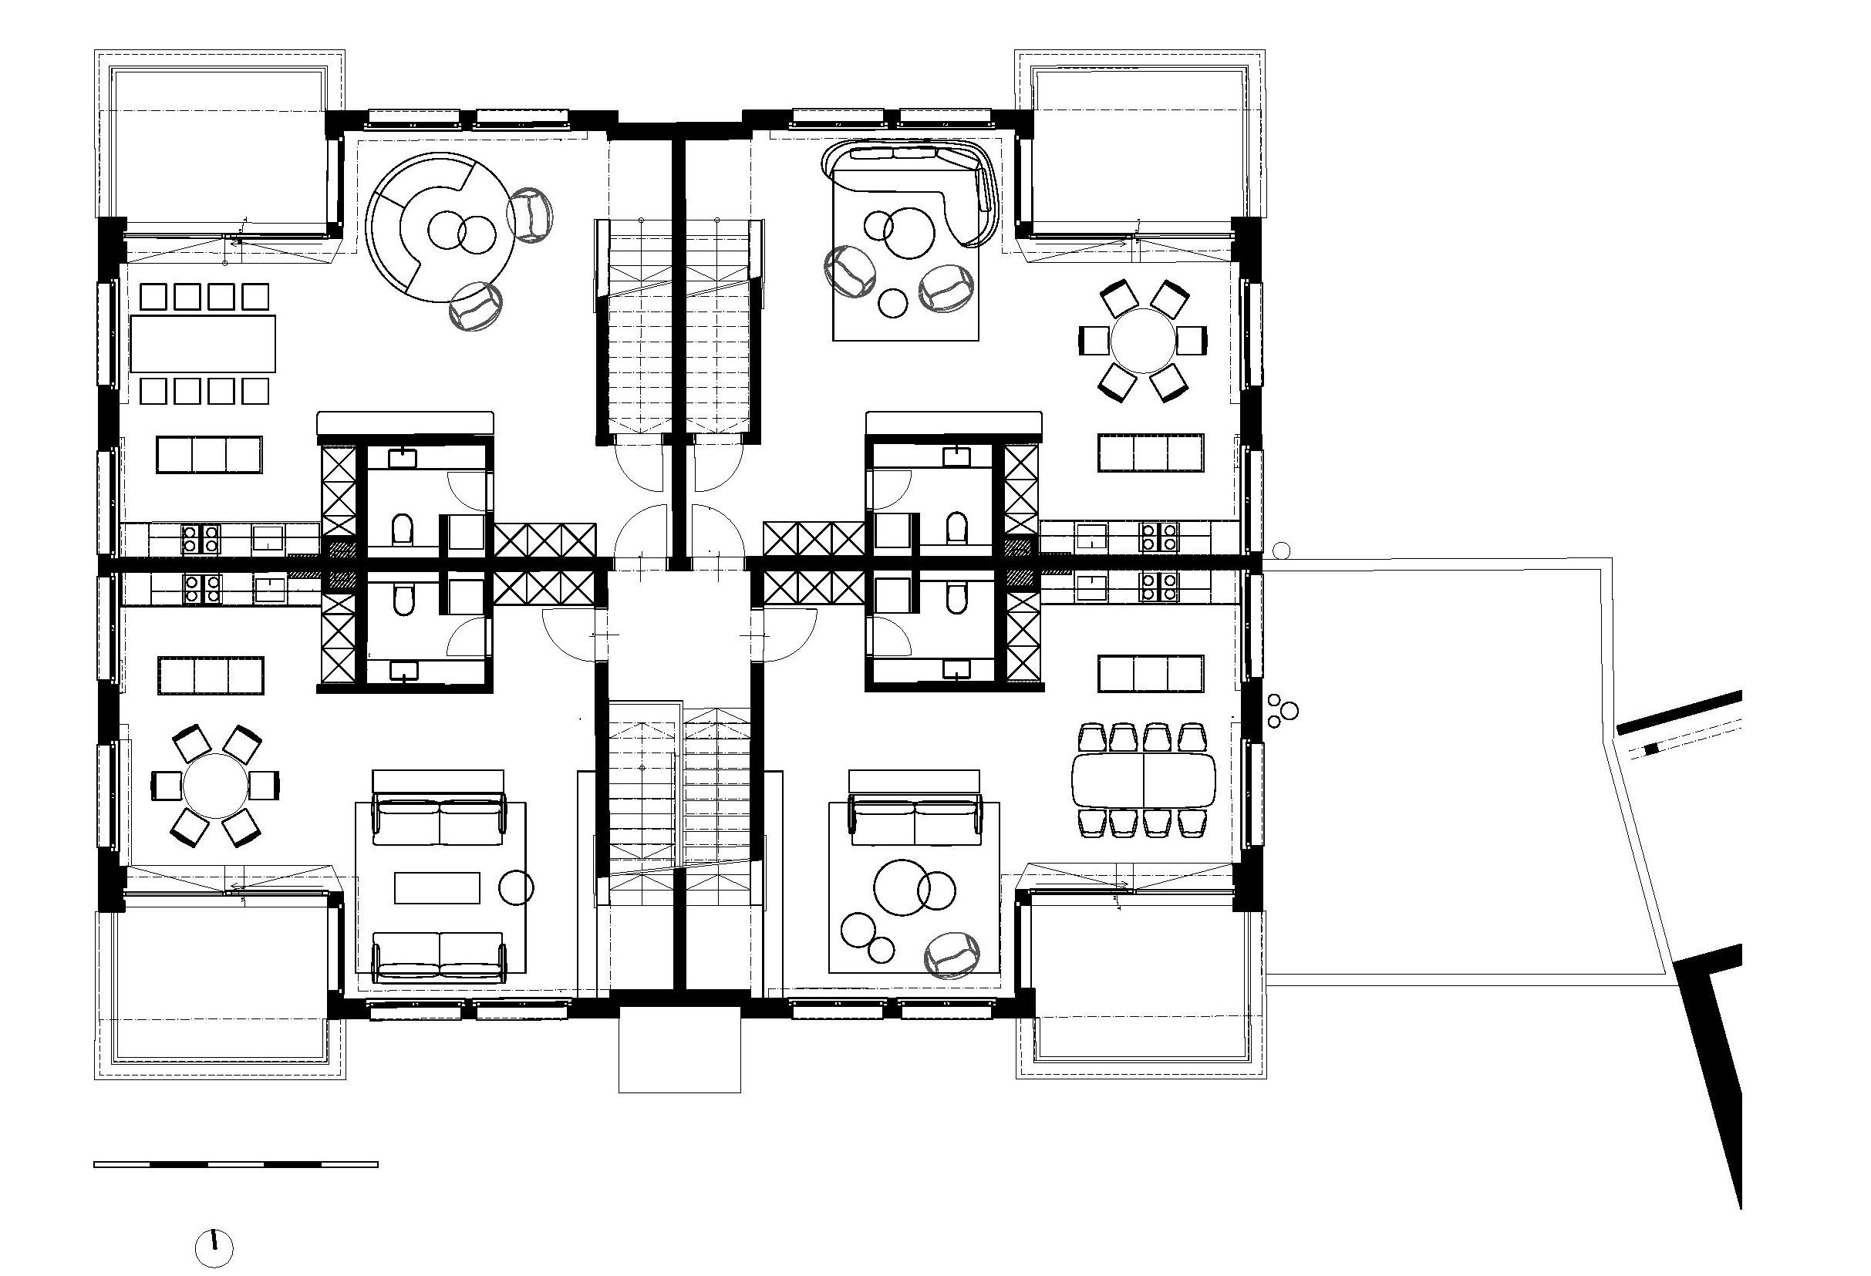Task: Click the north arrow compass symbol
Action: (x=214, y=1248)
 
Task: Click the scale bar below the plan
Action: (x=235, y=1164)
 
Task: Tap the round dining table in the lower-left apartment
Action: (x=215, y=785)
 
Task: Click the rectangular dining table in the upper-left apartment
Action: (x=203, y=344)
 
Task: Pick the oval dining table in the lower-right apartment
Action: (x=1143, y=780)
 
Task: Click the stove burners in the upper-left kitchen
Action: (x=200, y=538)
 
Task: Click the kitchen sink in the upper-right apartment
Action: (x=1092, y=536)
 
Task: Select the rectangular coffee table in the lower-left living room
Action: (x=437, y=888)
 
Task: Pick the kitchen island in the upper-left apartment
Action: (x=209, y=455)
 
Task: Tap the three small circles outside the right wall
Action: (x=1280, y=710)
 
